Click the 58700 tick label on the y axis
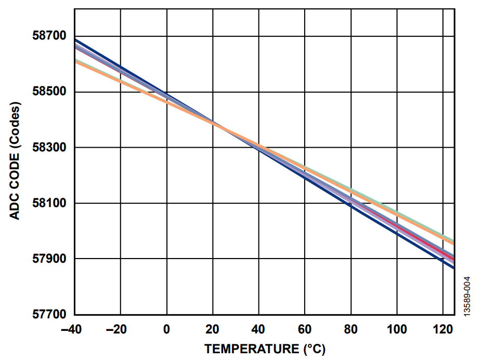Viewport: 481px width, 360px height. tap(48, 36)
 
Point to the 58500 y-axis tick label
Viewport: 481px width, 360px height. tap(48, 92)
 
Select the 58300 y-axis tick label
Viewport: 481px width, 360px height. tap(48, 148)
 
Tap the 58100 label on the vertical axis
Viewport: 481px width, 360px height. tap(48, 203)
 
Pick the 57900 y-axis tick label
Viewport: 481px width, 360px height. tap(48, 259)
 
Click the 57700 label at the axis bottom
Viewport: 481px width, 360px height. tap(48, 315)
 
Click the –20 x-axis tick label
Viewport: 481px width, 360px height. tap(120, 329)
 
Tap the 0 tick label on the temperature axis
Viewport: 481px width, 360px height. tap(166, 329)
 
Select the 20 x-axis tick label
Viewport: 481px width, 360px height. tap(213, 329)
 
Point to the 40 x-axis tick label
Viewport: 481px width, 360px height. tap(258, 329)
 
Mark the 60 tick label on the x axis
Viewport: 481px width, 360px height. tap(305, 329)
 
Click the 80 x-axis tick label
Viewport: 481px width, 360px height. tap(351, 329)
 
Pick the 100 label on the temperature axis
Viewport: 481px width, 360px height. tap(397, 329)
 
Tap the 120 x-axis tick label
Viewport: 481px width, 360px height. tap(443, 329)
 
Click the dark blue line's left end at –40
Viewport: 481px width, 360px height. tap(76, 40)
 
